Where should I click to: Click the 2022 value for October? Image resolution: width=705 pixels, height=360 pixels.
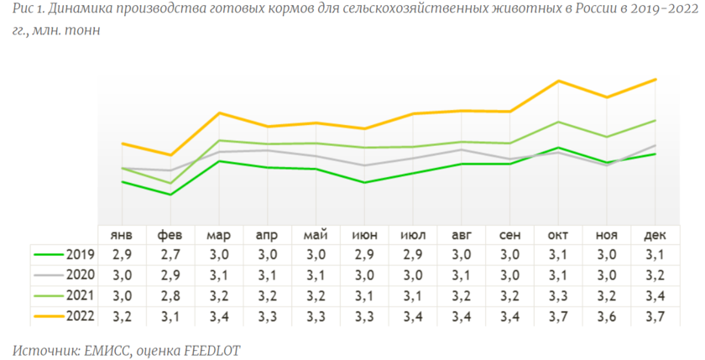[558, 316]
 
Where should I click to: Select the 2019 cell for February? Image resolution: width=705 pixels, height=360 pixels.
[170, 254]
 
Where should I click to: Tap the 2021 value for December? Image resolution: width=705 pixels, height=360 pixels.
[655, 295]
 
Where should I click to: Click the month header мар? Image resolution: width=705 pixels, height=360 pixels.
[219, 236]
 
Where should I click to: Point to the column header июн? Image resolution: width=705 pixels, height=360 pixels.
[364, 236]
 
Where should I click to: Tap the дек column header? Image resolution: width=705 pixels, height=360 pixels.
[655, 236]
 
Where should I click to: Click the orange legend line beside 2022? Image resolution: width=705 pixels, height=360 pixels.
[49, 316]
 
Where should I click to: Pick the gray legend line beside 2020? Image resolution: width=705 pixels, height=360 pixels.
[49, 274]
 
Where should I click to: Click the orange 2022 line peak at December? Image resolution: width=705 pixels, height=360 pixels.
[655, 80]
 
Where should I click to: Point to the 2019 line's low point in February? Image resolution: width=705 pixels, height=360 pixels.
[171, 195]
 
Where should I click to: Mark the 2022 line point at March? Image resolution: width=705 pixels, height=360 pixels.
[219, 112]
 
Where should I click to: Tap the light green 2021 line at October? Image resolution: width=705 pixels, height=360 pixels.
[558, 122]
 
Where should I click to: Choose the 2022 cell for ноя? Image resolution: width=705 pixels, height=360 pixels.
[607, 316]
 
